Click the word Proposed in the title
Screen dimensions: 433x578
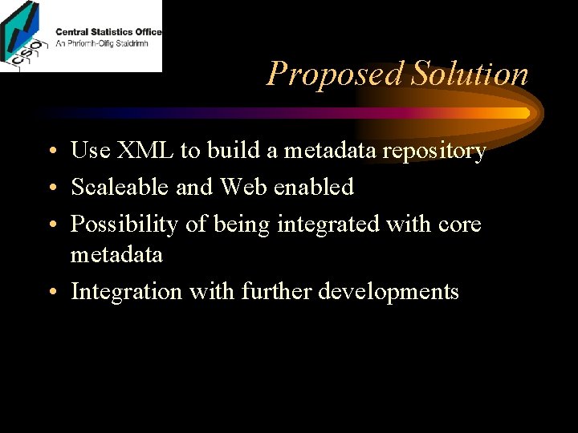pyautogui.click(x=335, y=75)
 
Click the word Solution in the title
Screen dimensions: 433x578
pyautogui.click(x=470, y=74)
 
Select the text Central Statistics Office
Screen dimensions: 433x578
pyautogui.click(x=108, y=32)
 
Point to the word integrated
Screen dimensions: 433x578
pyautogui.click(x=328, y=225)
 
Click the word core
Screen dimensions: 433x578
pyautogui.click(x=459, y=225)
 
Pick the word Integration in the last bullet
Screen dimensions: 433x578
pyautogui.click(x=127, y=292)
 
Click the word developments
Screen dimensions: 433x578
pyautogui.click(x=389, y=293)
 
